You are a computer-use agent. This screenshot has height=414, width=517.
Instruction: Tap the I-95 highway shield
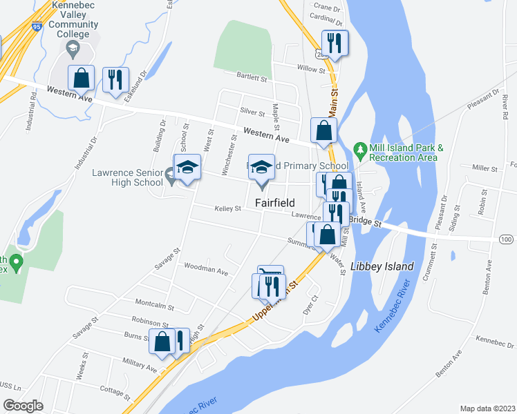36,27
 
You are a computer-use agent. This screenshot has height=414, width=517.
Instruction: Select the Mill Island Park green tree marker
359,148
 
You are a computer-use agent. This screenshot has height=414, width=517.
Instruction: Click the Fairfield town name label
275,203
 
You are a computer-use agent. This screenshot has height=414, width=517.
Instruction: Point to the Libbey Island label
382,266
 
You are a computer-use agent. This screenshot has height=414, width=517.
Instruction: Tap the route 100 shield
506,239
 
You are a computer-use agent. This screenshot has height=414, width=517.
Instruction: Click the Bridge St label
365,223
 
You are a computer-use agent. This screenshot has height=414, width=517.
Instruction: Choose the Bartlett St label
252,78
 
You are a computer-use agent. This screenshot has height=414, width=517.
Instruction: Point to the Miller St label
485,168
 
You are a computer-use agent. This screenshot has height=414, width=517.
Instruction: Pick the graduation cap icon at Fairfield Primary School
261,166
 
